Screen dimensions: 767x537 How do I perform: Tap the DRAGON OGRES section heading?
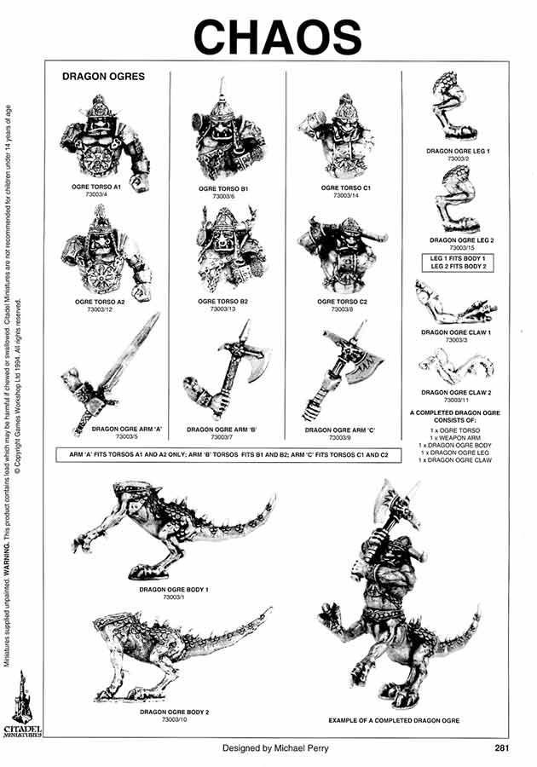click(103, 76)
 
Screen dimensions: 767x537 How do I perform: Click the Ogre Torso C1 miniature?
click(343, 136)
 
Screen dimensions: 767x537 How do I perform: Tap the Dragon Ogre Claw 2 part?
click(454, 365)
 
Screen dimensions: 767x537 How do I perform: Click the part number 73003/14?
click(342, 196)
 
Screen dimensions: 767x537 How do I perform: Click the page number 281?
click(502, 749)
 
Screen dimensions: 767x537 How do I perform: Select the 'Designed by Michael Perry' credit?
click(274, 749)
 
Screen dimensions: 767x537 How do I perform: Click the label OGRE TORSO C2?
click(342, 301)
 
